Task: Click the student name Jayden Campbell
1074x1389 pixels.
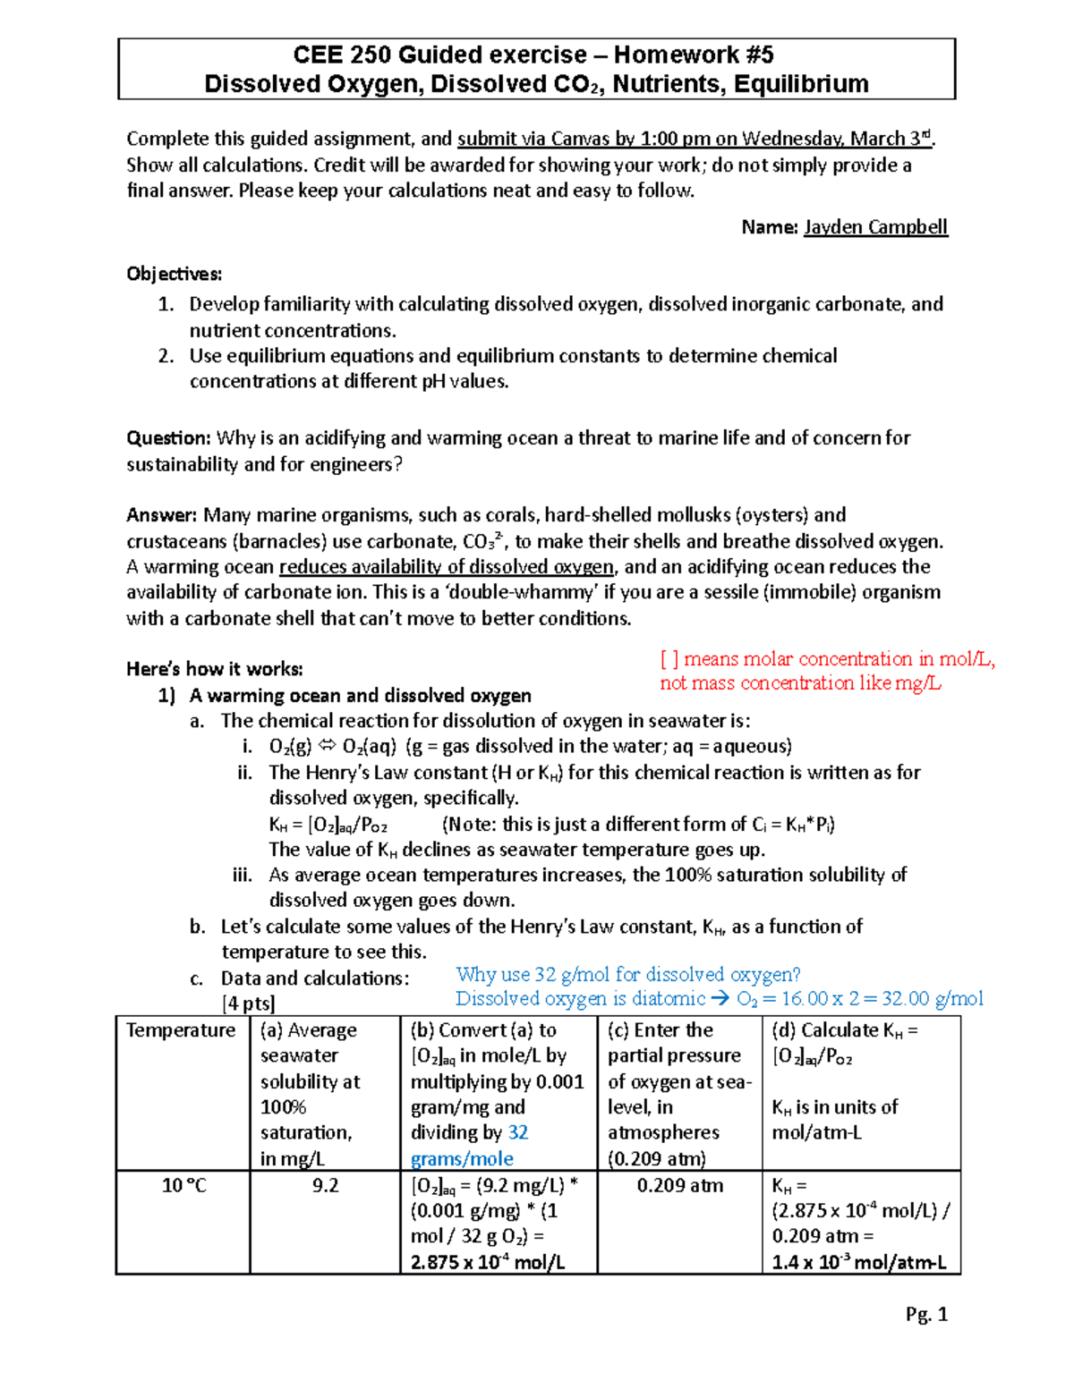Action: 874,227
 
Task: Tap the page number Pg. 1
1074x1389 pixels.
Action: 925,1313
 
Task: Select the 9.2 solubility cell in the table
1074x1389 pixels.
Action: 325,1185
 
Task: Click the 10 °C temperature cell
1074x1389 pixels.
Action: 183,1185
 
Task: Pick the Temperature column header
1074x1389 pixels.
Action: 181,1030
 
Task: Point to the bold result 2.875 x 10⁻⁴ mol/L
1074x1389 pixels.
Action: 488,1262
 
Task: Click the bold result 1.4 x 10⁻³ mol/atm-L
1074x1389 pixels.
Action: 858,1262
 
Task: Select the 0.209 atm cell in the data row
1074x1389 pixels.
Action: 679,1185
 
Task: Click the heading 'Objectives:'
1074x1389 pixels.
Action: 175,274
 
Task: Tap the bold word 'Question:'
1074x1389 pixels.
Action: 168,438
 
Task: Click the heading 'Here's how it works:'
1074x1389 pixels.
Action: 215,669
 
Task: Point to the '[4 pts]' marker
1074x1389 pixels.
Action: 248,1004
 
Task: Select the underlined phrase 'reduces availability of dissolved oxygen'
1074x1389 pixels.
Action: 447,567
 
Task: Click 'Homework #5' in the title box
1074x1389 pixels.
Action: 694,55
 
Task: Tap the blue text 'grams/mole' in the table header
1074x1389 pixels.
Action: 462,1159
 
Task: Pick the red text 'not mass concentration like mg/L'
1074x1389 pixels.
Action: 800,683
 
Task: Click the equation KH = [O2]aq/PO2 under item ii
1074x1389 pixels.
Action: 328,825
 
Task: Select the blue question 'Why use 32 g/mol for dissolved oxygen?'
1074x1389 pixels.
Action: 627,974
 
